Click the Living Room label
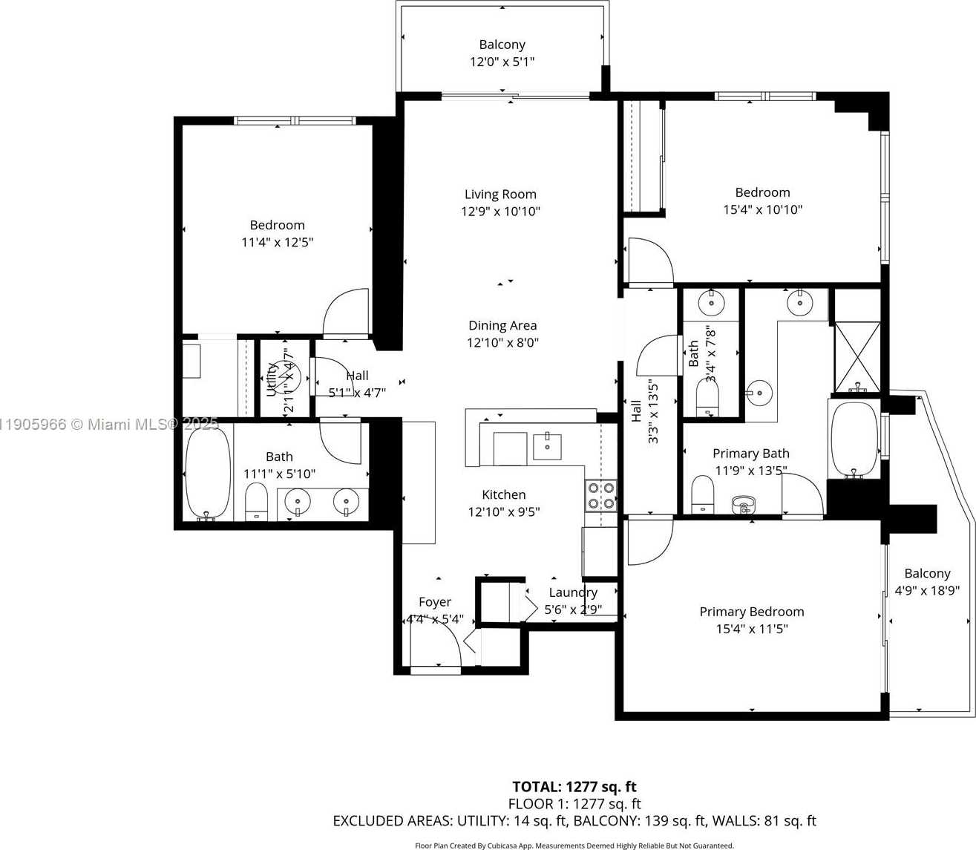pyautogui.click(x=500, y=194)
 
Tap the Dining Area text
pyautogui.click(x=502, y=325)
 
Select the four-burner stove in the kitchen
pyautogui.click(x=600, y=495)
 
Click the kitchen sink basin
pyautogui.click(x=548, y=447)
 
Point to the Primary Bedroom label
pyautogui.click(x=751, y=612)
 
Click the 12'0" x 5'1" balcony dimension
pyautogui.click(x=502, y=62)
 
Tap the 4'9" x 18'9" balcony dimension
pyautogui.click(x=927, y=591)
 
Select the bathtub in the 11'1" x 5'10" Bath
pyautogui.click(x=207, y=473)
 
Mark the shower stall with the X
pyautogui.click(x=857, y=356)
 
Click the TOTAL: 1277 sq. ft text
pyautogui.click(x=574, y=787)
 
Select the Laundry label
pyautogui.click(x=572, y=592)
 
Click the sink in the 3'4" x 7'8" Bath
pyautogui.click(x=711, y=303)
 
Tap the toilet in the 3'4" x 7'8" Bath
pyautogui.click(x=707, y=397)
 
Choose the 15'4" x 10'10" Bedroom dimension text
pyautogui.click(x=762, y=210)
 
